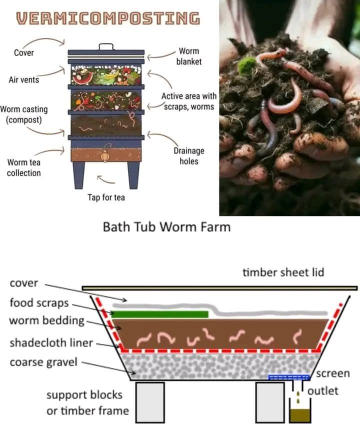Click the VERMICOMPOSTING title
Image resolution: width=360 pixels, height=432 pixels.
coord(108,18)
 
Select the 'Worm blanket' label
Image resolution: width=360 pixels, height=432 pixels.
coord(189,56)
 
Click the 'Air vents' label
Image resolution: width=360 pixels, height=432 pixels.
coord(24,80)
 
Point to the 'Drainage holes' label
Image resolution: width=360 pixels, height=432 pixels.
coord(189,156)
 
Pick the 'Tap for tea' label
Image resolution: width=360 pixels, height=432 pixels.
coord(106,197)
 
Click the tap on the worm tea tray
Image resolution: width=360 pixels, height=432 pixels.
coord(104,155)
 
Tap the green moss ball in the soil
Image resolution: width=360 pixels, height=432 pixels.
coord(247,65)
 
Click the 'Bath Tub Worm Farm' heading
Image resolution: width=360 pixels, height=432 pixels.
coord(166,227)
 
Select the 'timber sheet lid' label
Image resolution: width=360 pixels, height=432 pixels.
coord(283,272)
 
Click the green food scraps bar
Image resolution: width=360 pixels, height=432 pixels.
coord(160,314)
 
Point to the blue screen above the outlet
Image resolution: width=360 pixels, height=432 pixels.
coord(289,377)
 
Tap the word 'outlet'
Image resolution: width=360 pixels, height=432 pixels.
coord(322,391)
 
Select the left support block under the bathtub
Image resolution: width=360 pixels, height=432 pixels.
coord(150,402)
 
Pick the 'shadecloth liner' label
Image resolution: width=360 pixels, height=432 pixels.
coord(51,343)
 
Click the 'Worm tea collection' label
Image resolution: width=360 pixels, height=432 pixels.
coord(24,167)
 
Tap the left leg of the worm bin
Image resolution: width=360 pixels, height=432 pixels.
coord(79,175)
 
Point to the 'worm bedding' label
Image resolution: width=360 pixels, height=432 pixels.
coord(46,320)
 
